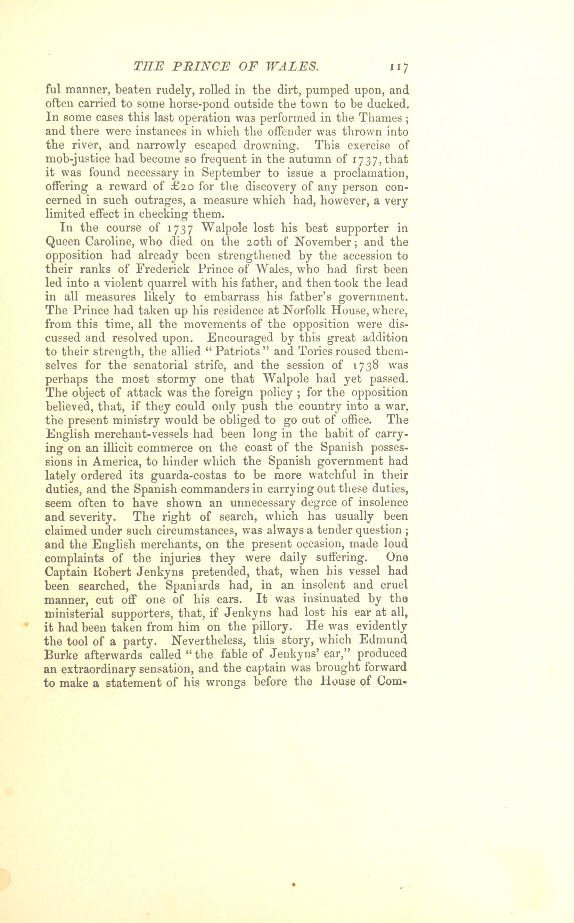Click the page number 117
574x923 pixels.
click(398, 67)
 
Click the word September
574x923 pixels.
click(231, 173)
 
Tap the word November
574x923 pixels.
click(324, 242)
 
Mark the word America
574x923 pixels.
click(122, 461)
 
